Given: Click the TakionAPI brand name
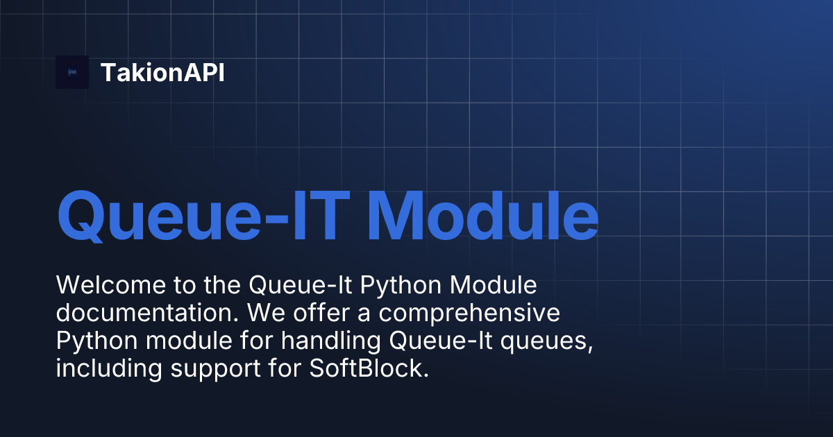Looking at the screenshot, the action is pyautogui.click(x=162, y=72).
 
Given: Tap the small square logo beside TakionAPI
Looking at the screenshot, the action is pyautogui.click(x=72, y=72).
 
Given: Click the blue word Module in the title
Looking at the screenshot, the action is pyautogui.click(x=482, y=216).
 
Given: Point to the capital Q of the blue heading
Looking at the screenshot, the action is pyautogui.click(x=80, y=217).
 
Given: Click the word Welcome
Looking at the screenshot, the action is pyautogui.click(x=111, y=285).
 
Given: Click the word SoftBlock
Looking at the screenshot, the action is pyautogui.click(x=369, y=368).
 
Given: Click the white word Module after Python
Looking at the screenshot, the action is pyautogui.click(x=493, y=285).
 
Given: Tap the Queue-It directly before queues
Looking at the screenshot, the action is pyautogui.click(x=441, y=341).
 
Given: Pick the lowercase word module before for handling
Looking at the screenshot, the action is pyautogui.click(x=189, y=341).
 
